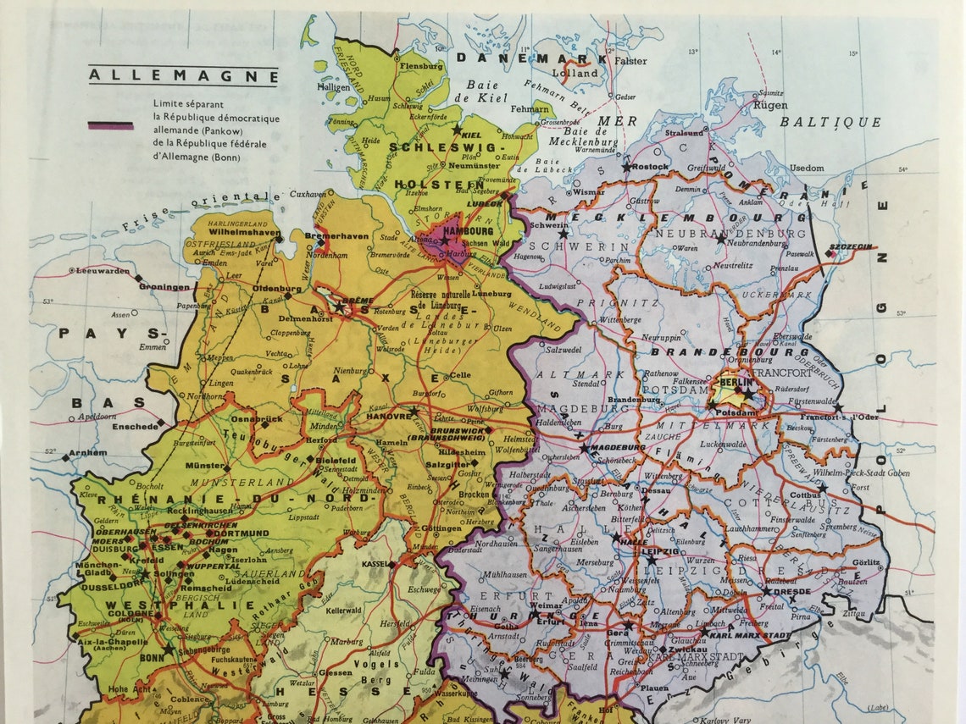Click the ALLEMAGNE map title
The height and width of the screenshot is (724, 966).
click(x=183, y=75)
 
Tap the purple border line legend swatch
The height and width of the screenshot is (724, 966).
click(x=110, y=125)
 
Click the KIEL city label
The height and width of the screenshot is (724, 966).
click(x=473, y=135)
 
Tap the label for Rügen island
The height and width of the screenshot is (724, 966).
click(x=770, y=106)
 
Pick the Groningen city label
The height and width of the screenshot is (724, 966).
click(x=165, y=287)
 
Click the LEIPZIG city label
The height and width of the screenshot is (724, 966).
click(x=660, y=551)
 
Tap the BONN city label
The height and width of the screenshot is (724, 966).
click(x=152, y=657)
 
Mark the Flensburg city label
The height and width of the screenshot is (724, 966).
click(x=420, y=65)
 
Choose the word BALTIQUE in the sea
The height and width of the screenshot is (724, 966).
click(x=830, y=122)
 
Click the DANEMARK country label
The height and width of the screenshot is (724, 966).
click(x=532, y=58)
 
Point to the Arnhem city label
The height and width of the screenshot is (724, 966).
click(x=89, y=453)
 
